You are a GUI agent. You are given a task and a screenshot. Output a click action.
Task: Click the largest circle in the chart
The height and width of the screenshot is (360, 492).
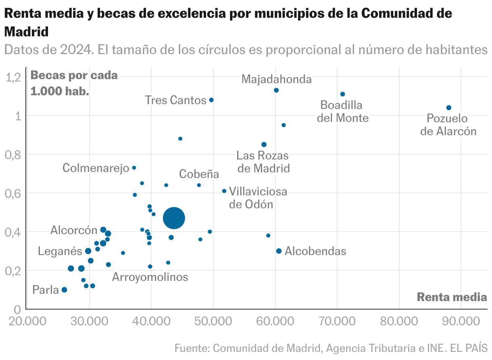tap(174, 218)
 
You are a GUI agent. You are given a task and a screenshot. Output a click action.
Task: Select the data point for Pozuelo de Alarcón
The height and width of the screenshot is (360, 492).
tap(448, 108)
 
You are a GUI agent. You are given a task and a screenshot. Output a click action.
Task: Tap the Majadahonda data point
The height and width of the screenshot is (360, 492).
tap(276, 90)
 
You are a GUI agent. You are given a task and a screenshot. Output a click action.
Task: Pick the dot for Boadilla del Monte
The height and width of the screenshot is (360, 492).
tap(342, 94)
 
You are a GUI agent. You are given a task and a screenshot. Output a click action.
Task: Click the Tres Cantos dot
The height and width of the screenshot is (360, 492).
tap(211, 100)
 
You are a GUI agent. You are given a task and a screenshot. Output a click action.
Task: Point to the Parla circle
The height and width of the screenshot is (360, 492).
tap(64, 290)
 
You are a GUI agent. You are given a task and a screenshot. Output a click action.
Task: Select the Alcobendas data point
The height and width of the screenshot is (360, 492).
tap(279, 251)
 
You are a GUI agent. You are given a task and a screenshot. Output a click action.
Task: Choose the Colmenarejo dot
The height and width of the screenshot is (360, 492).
tap(134, 167)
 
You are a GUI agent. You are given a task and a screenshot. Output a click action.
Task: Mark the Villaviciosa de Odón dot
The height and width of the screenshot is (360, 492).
tap(224, 191)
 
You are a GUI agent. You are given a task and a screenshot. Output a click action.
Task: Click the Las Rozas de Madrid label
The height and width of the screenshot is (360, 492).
tap(263, 162)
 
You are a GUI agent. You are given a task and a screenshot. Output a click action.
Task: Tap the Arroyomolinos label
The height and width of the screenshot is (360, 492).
tap(150, 277)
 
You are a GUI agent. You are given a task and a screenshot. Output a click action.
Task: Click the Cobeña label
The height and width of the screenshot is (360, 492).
tap(199, 174)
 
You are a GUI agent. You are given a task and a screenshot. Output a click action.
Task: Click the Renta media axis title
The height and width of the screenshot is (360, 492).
tap(452, 297)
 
